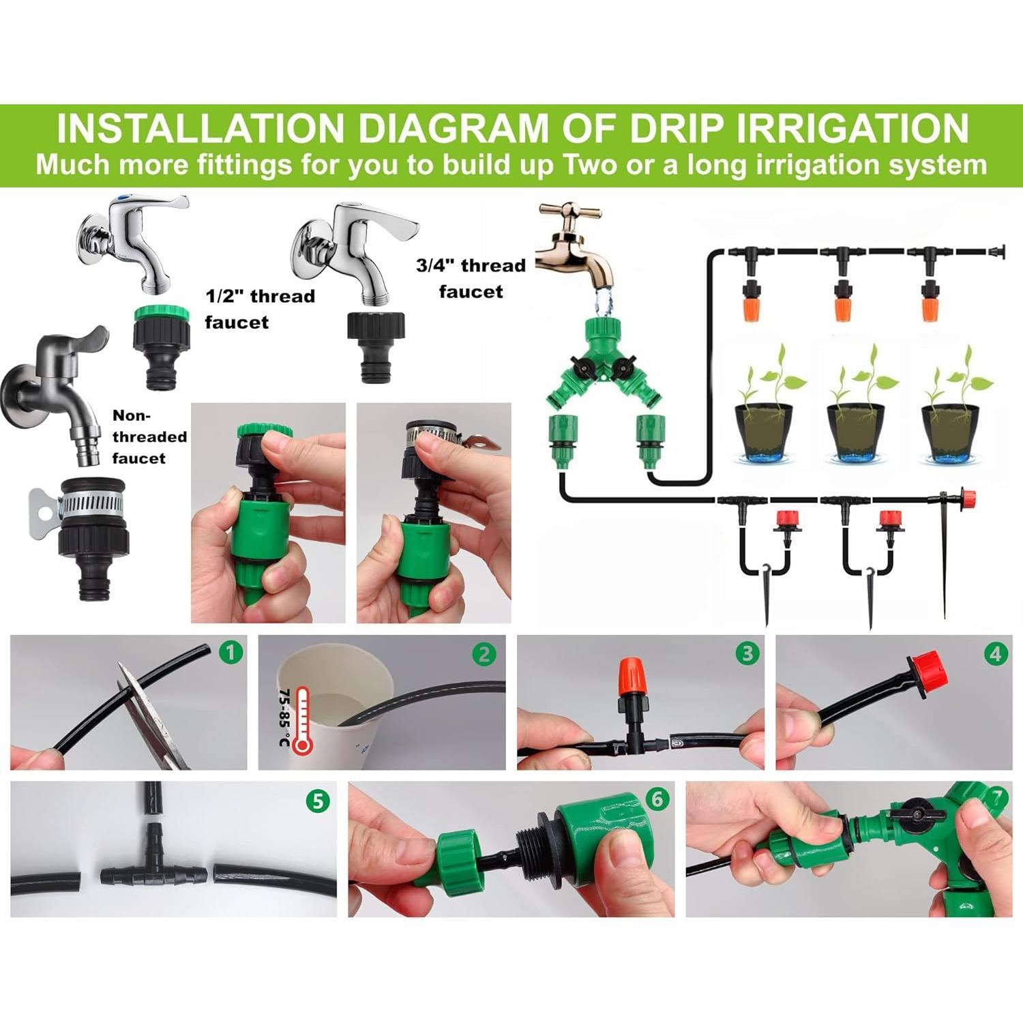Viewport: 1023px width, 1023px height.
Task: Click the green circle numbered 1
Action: point(231,653)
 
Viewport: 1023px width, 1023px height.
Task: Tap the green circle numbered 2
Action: point(484,654)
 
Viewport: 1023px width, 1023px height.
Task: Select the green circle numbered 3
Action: point(747,653)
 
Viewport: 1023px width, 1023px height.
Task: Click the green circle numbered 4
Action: point(996,653)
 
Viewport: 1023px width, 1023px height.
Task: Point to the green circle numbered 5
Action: point(318,801)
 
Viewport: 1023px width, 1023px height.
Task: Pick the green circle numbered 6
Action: point(657,798)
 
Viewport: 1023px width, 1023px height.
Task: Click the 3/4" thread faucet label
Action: point(471,278)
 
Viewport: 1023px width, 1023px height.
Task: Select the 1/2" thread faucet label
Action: point(260,309)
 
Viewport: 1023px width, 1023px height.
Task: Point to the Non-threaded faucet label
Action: point(149,436)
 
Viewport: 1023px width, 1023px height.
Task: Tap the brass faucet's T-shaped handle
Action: point(578,214)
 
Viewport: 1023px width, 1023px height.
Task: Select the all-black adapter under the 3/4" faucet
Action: point(376,347)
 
